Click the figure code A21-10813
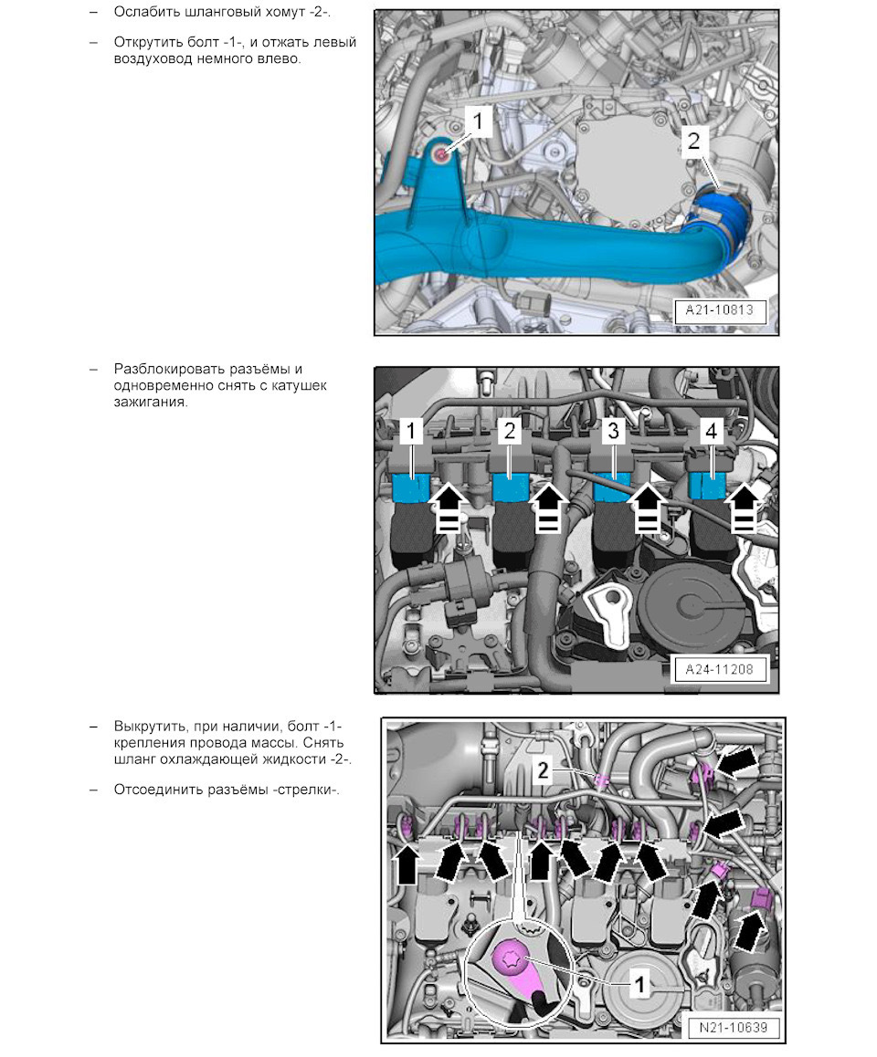(720, 310)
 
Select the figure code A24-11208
(719, 669)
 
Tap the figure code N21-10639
(733, 1028)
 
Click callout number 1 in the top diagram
(479, 121)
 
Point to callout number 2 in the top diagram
(693, 141)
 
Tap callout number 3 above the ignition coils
(613, 430)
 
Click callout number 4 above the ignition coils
(711, 430)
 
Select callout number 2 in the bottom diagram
(543, 770)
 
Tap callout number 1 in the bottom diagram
(639, 984)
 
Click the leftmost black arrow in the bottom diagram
(407, 865)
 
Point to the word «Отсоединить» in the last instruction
(153, 790)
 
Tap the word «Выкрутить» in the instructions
(149, 727)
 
